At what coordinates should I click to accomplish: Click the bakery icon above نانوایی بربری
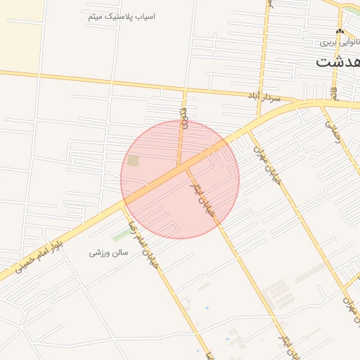(340, 32)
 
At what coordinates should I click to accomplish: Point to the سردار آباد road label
(264, 96)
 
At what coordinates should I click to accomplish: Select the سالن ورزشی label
(108, 252)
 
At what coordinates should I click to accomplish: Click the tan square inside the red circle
(134, 161)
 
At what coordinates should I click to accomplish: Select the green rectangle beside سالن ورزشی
(120, 234)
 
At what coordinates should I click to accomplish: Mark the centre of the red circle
(180, 179)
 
